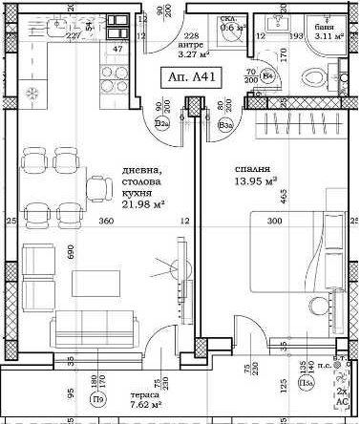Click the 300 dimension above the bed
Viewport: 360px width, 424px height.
(275, 222)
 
